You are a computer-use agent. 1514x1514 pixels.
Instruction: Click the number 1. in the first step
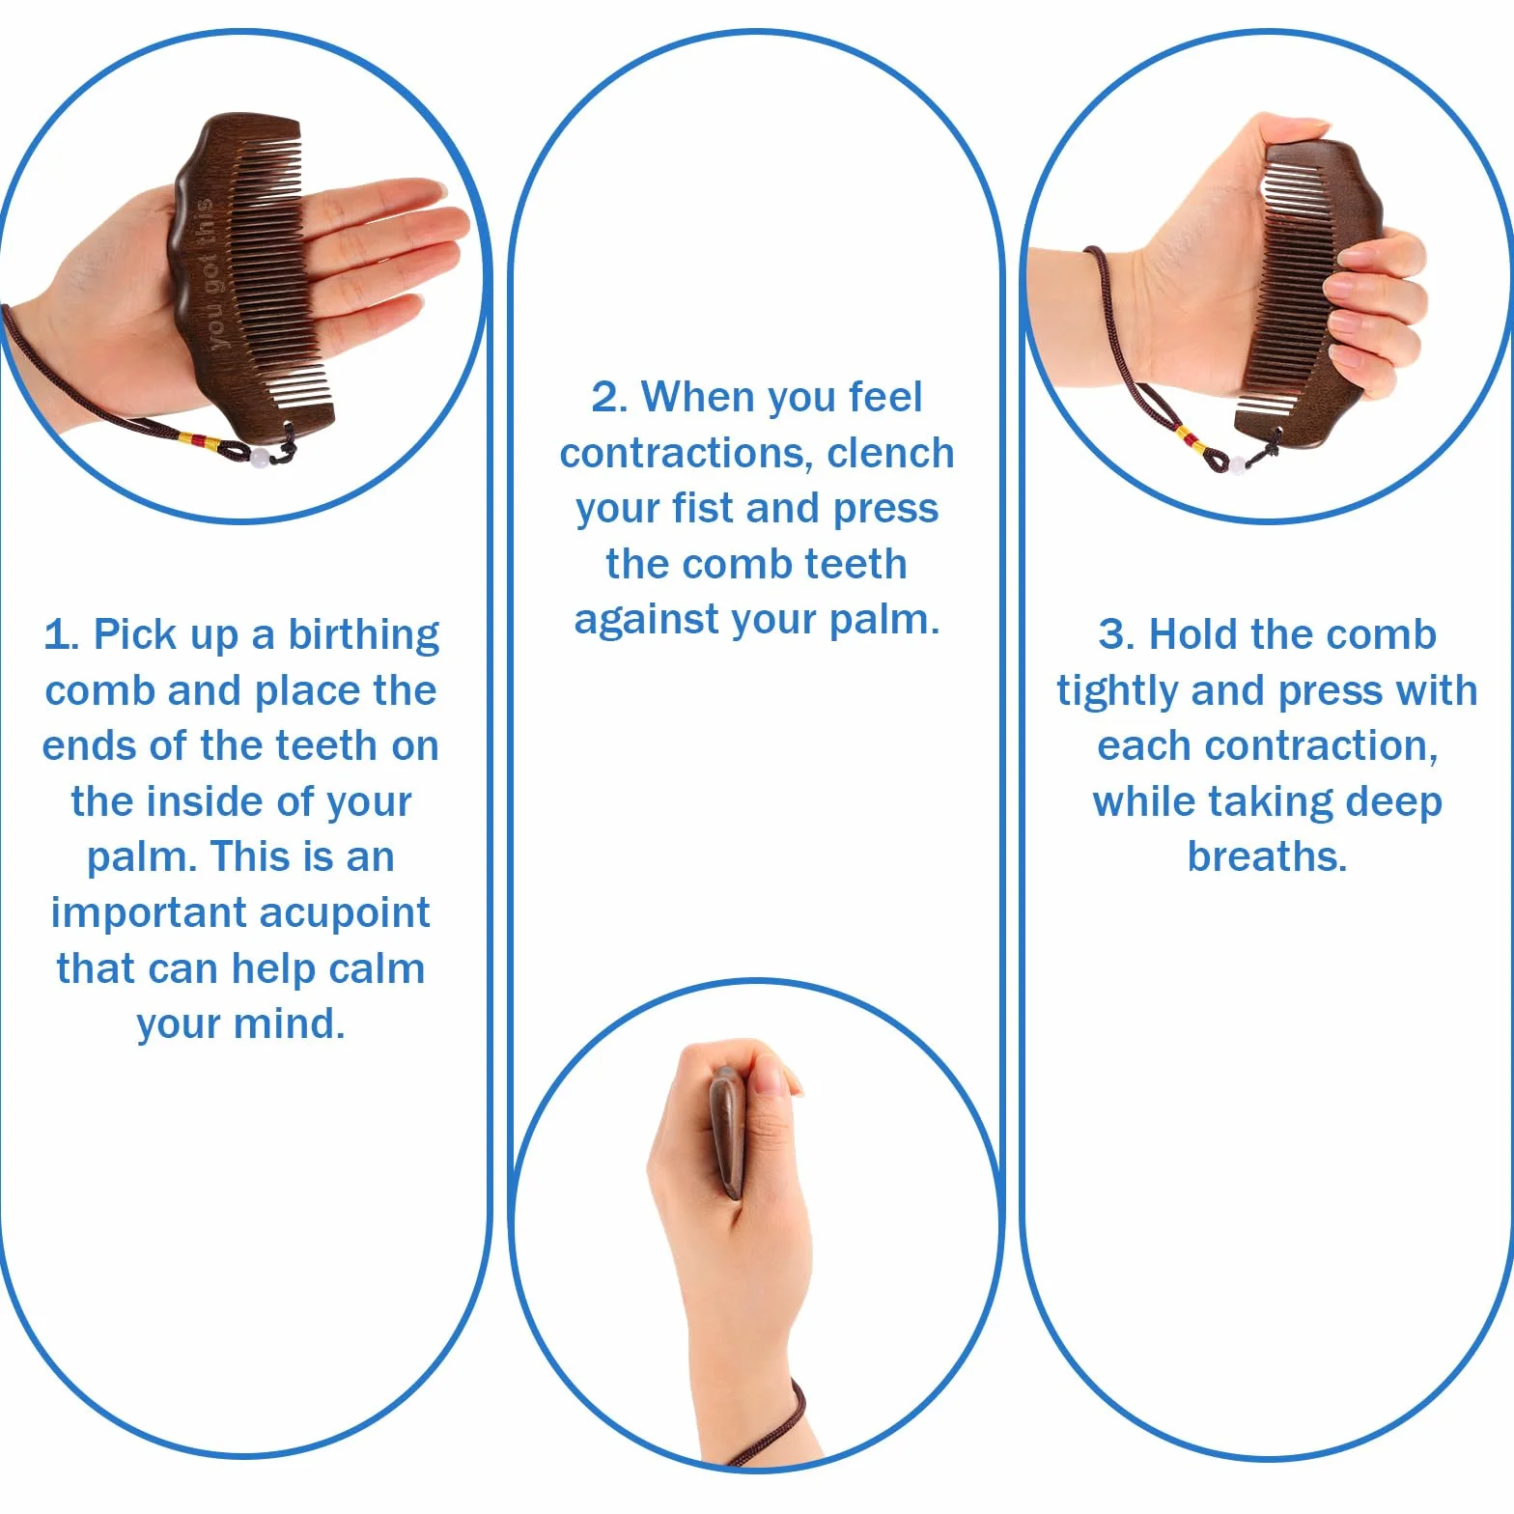point(61,635)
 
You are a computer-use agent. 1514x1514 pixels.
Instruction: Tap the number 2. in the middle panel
point(609,397)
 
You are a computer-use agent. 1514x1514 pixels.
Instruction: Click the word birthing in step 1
point(363,636)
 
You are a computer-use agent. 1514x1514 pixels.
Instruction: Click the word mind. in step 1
point(292,1023)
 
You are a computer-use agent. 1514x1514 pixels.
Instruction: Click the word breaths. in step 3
point(1267,856)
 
